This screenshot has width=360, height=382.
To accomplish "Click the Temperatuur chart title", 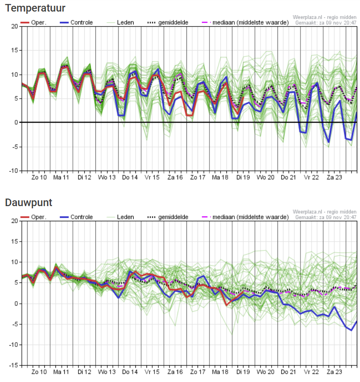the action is [36, 8].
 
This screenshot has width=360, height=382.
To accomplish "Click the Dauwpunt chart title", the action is [29, 203].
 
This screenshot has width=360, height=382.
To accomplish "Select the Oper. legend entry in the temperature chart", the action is [33, 22].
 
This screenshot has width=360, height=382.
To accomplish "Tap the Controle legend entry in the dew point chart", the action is [76, 217].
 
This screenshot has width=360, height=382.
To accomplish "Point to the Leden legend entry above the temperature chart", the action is [120, 22].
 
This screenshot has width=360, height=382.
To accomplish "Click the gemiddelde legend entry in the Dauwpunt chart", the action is [168, 217].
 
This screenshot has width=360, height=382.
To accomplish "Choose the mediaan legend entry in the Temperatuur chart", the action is [245, 22].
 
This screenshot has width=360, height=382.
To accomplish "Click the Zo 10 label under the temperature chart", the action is [39, 177].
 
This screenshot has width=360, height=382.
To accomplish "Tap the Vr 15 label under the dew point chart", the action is [152, 372].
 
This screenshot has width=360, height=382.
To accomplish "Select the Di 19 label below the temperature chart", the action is [243, 177].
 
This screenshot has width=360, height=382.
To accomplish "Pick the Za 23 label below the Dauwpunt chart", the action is [334, 372].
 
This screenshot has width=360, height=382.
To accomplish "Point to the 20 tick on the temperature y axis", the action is [15, 26].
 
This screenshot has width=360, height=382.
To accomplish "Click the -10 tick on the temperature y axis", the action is [14, 171].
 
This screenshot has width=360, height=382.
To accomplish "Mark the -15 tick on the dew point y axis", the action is [14, 366].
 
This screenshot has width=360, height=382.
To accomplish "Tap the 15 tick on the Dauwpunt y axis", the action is [15, 242].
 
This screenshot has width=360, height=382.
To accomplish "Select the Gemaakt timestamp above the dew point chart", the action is [326, 217].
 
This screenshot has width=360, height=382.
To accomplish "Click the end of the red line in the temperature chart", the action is [243, 97].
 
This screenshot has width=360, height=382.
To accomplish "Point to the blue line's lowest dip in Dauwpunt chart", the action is [351, 330].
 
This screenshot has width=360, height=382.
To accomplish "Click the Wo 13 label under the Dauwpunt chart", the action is [107, 372].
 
